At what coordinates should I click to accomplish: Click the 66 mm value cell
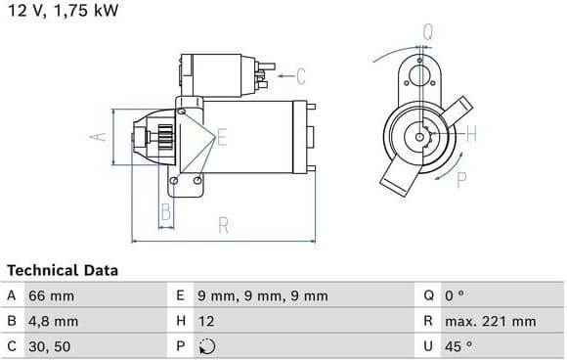coord(52,296)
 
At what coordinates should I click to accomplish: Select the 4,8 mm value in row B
coord(53,321)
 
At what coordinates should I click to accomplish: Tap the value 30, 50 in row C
coord(50,346)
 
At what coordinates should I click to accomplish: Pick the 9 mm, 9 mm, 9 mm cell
coord(263,296)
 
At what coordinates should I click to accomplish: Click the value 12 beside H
coord(206,321)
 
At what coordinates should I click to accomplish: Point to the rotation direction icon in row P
coord(207,346)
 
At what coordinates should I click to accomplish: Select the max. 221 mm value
coord(491,321)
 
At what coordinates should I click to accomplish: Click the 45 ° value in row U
coord(458,346)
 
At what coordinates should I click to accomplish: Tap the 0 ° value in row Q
coord(455,296)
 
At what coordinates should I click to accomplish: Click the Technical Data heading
coord(63,270)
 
